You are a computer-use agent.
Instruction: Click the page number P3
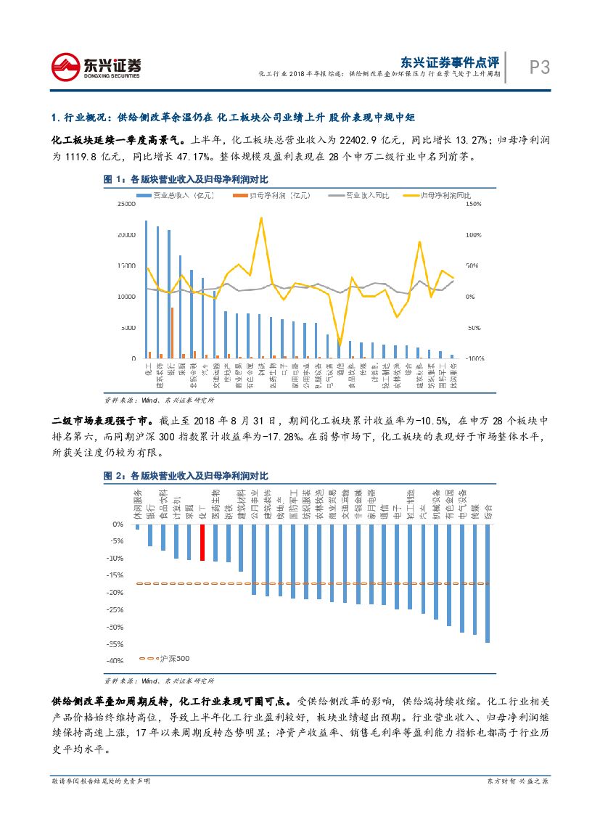[x=538, y=67]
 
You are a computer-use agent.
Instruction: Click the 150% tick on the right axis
[x=473, y=205]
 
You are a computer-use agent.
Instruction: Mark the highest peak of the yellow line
[x=261, y=218]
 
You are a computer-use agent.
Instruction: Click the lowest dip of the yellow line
[x=340, y=344]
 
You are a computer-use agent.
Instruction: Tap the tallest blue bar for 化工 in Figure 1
[x=147, y=289]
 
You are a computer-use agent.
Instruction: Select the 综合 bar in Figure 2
[x=487, y=583]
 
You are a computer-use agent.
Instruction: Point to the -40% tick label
[x=114, y=661]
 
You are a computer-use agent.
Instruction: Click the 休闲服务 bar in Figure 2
[x=137, y=526]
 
